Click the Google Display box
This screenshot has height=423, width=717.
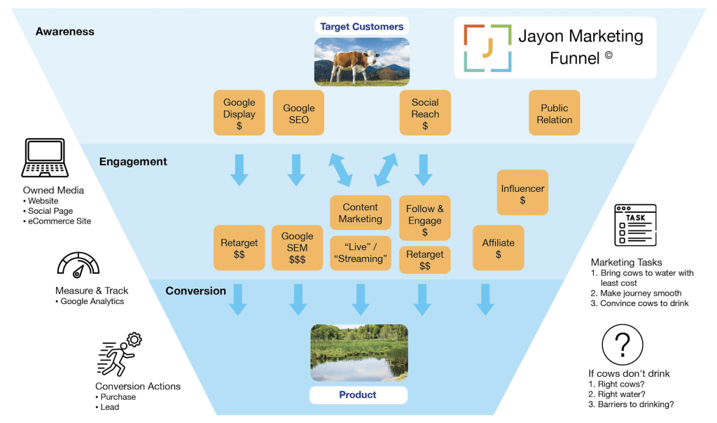pyautogui.click(x=239, y=113)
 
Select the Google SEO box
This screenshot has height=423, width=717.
pyautogui.click(x=298, y=113)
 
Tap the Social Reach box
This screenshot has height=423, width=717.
pyautogui.click(x=425, y=113)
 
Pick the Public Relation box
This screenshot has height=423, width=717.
pyautogui.click(x=555, y=113)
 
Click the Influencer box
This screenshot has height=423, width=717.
pyautogui.click(x=522, y=193)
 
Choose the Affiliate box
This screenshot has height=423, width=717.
pyautogui.click(x=498, y=247)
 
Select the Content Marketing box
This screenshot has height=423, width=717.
pyautogui.click(x=361, y=212)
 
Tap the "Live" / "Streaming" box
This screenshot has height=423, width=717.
pyautogui.click(x=361, y=253)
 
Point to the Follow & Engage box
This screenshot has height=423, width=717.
pyautogui.click(x=425, y=219)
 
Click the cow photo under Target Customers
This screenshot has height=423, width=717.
pyautogui.click(x=361, y=62)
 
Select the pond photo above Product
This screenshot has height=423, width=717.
pyautogui.click(x=358, y=353)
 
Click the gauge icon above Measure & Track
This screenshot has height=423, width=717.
pyautogui.click(x=78, y=266)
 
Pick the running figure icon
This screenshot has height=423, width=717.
pyautogui.click(x=118, y=354)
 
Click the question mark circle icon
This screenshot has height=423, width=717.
pyautogui.click(x=622, y=344)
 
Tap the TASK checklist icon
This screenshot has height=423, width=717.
pyautogui.click(x=635, y=225)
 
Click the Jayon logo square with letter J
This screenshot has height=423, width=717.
pyautogui.click(x=487, y=48)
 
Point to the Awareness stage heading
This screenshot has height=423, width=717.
pyautogui.click(x=64, y=32)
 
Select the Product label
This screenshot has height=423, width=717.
pyautogui.click(x=358, y=395)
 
